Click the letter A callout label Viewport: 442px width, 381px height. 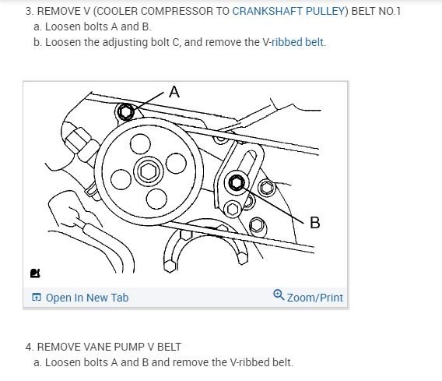click(x=174, y=92)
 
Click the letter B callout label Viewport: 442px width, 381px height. click(x=315, y=222)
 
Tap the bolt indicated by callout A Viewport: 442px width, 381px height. click(x=125, y=111)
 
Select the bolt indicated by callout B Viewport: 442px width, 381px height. click(x=237, y=182)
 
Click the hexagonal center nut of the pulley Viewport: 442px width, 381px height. click(x=149, y=171)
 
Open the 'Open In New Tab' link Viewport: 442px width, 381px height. click(x=87, y=298)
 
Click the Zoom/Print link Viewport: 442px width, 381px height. click(x=315, y=298)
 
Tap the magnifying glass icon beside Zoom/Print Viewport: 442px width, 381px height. click(x=279, y=295)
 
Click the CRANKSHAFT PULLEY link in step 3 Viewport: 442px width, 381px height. click(x=289, y=11)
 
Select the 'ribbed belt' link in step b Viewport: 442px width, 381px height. click(x=297, y=42)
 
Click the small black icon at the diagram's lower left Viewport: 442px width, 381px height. click(x=35, y=273)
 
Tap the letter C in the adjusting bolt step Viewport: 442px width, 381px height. click(x=175, y=42)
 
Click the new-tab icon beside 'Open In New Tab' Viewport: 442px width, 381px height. click(x=37, y=297)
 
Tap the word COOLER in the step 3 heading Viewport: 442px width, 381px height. click(x=117, y=11)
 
